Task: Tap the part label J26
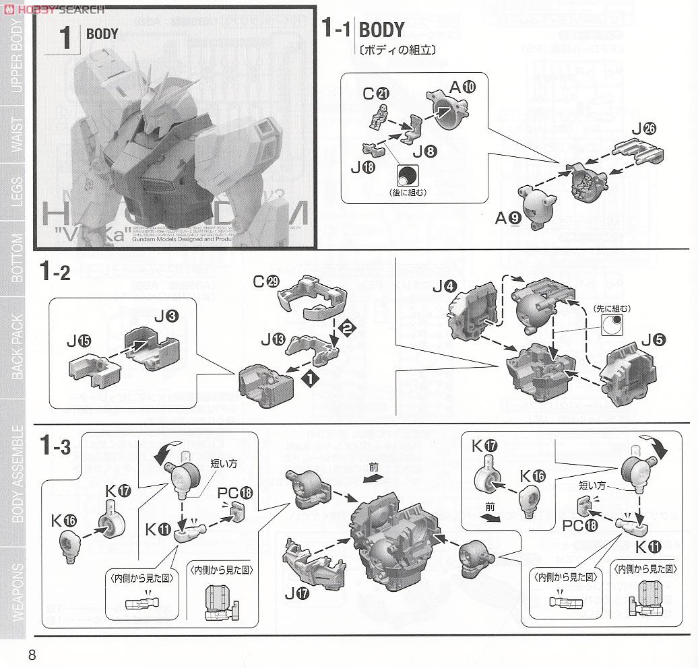coord(643,130)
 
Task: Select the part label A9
coord(509,218)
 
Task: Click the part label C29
coord(265,281)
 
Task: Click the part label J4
coord(441,286)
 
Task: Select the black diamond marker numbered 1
coord(309,380)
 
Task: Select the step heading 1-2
coord(54,273)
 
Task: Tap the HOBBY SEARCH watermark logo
coord(55,9)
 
